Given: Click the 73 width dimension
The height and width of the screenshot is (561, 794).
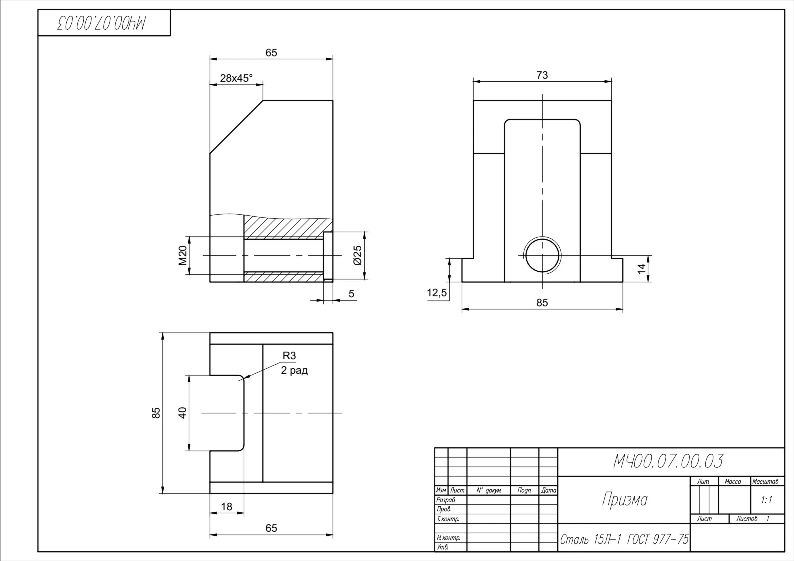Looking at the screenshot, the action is pyautogui.click(x=542, y=75).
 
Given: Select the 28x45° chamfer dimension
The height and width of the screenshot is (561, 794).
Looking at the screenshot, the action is pyautogui.click(x=236, y=78).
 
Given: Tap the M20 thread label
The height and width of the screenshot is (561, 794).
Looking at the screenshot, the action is pyautogui.click(x=183, y=255).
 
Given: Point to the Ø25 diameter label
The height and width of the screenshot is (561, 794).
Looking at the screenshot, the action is pyautogui.click(x=358, y=255).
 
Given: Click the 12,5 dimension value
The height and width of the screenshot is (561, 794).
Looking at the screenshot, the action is pyautogui.click(x=437, y=293).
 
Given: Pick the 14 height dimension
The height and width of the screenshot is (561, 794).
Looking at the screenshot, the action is pyautogui.click(x=642, y=269).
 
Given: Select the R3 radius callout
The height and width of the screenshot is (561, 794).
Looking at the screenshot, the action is pyautogui.click(x=289, y=355).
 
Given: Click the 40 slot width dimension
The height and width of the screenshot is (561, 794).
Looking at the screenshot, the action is pyautogui.click(x=182, y=413).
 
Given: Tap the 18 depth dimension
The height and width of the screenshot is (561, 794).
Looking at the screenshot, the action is pyautogui.click(x=227, y=507).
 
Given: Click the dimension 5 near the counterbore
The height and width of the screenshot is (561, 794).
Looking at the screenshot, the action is pyautogui.click(x=351, y=294).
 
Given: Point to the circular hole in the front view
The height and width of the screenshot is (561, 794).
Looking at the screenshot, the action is pyautogui.click(x=542, y=255).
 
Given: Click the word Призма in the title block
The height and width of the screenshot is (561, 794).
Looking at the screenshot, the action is pyautogui.click(x=625, y=499).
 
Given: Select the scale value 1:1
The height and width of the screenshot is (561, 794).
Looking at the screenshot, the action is pyautogui.click(x=766, y=500).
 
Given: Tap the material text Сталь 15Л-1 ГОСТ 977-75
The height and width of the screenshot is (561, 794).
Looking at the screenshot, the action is pyautogui.click(x=624, y=540).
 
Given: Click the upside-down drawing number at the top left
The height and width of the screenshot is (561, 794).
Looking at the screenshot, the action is pyautogui.click(x=101, y=23).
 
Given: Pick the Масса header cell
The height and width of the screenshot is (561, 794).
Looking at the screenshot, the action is pyautogui.click(x=733, y=481).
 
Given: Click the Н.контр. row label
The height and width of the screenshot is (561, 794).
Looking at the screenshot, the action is pyautogui.click(x=448, y=538).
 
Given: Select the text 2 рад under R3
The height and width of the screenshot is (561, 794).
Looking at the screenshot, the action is pyautogui.click(x=294, y=371).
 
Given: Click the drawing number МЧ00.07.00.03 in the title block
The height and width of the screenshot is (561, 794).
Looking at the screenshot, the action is pyautogui.click(x=668, y=461).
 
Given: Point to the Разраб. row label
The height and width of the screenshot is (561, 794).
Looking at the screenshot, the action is pyautogui.click(x=446, y=500).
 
